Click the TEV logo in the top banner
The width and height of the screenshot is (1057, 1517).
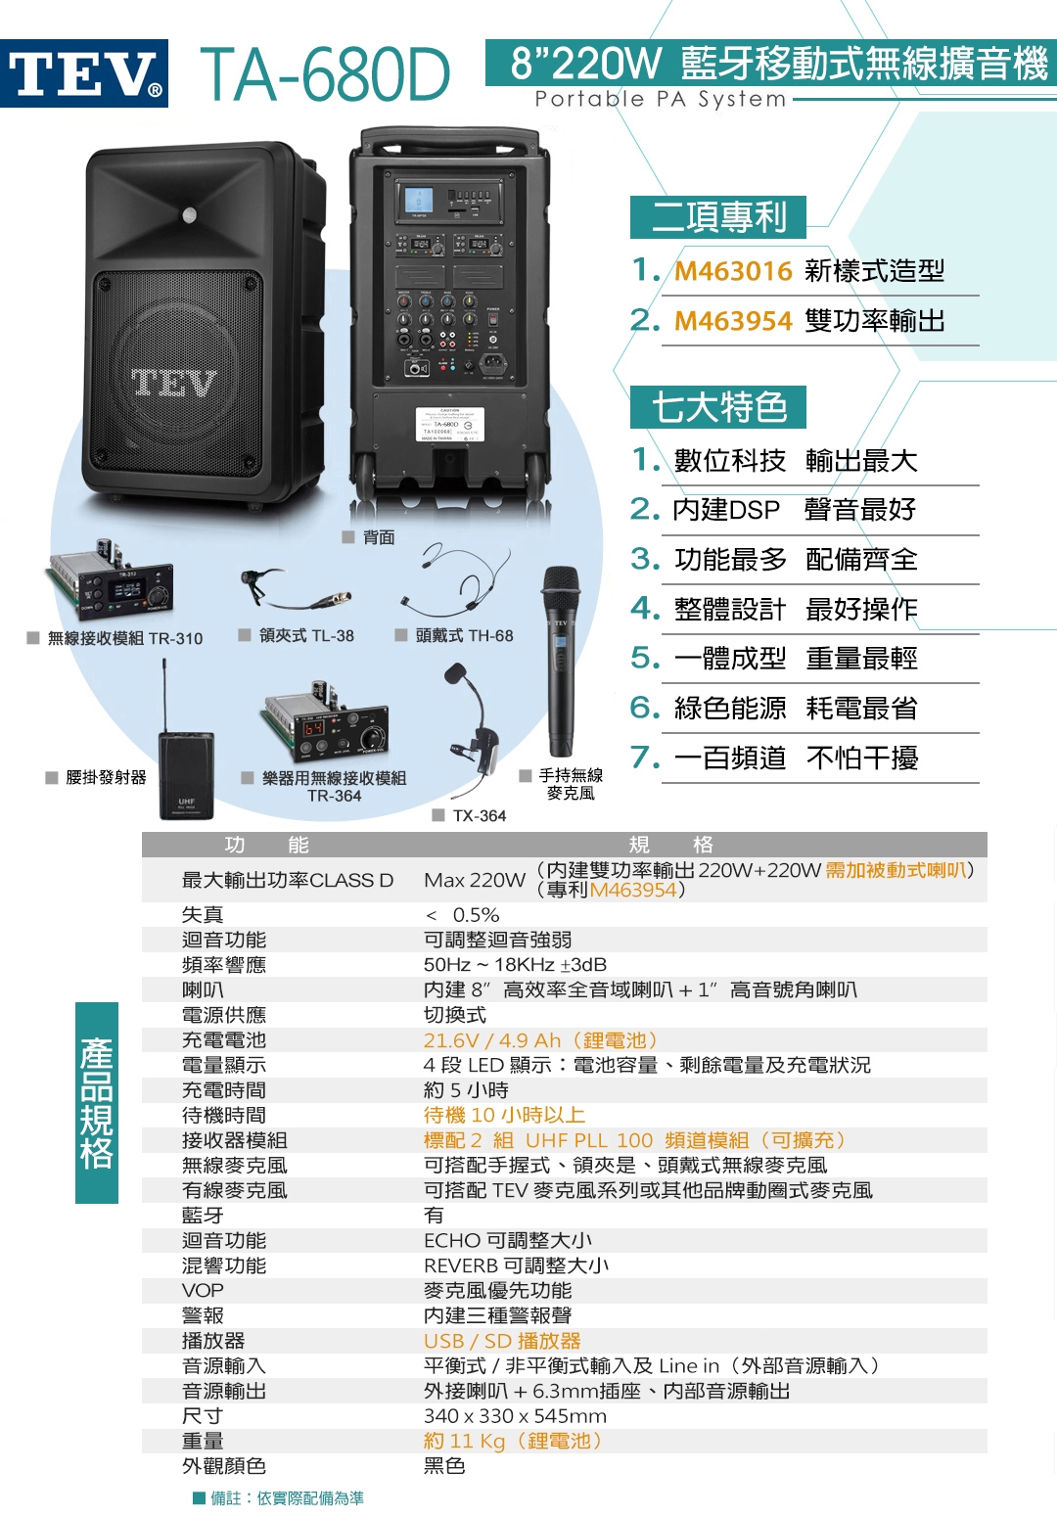tap(84, 73)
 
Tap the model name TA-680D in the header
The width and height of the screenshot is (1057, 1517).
tap(325, 74)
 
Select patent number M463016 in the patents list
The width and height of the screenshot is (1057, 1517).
tap(733, 271)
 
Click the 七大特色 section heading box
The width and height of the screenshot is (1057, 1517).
tap(718, 407)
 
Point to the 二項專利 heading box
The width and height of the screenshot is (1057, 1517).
tap(718, 217)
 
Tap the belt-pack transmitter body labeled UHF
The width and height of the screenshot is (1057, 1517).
tap(186, 777)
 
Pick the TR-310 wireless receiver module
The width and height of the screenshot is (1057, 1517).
tap(113, 585)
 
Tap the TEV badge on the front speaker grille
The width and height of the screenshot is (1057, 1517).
tap(174, 383)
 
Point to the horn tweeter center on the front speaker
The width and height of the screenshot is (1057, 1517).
tap(190, 214)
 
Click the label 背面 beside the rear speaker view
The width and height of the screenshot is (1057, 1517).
tap(379, 537)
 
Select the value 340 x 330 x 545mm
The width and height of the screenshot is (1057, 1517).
tap(515, 1416)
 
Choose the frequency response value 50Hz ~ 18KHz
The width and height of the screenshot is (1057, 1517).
tap(515, 965)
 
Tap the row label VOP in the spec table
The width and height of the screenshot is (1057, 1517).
tap(203, 1291)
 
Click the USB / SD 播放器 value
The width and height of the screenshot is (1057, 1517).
tap(502, 1341)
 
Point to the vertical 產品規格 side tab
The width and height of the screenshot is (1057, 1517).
tap(97, 1103)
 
